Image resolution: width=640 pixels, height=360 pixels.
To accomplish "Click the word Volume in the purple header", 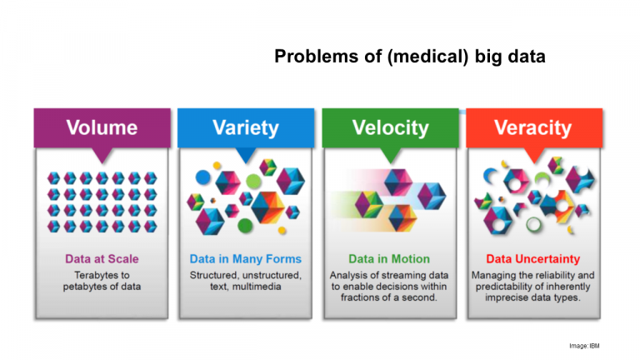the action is point(102,127).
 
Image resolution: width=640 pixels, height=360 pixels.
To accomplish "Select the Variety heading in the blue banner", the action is point(246,127).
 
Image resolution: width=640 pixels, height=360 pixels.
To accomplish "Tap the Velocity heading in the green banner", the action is point(391,127).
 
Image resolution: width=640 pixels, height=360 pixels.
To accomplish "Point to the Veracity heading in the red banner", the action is point(533,127).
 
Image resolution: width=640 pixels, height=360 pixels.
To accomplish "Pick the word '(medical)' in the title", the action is point(427,57).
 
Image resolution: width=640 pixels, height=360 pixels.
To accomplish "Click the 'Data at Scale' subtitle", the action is point(102,259).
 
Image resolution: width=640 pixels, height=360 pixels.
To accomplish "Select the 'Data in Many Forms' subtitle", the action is point(246,259).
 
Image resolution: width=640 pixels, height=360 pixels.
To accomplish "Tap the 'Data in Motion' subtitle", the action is point(389,259).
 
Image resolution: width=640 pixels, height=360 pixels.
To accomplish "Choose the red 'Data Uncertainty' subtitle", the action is point(533,259).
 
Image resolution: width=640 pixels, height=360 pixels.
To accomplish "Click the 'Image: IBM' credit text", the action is point(584,346).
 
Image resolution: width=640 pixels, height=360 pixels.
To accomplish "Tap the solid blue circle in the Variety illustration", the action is point(202,177).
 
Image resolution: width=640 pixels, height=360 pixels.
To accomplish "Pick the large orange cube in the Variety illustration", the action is point(267,207).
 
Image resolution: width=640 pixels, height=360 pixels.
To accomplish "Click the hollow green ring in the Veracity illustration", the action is point(533,224).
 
